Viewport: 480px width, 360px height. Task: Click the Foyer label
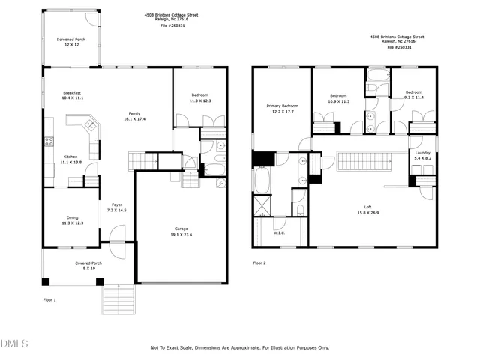[x=117, y=205]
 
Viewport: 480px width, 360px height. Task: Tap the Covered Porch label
[x=88, y=262]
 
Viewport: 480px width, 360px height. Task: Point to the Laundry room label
[x=423, y=153]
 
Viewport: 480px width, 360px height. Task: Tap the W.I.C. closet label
[x=280, y=232]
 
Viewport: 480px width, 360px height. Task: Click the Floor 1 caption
[x=49, y=299]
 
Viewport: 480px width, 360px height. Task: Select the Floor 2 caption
[x=259, y=263]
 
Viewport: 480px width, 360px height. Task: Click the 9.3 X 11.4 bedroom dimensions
[x=414, y=97]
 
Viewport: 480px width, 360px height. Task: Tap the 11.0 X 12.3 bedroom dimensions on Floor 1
[x=199, y=100]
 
